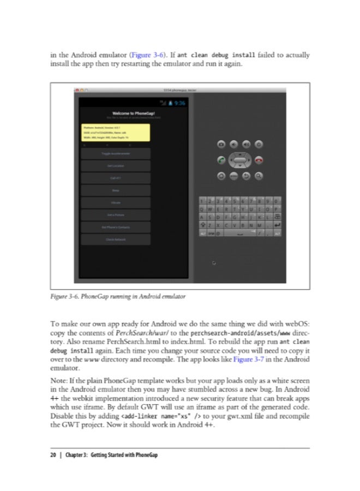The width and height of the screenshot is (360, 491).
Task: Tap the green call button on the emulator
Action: click(x=221, y=160)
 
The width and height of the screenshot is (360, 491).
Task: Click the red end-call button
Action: click(x=259, y=160)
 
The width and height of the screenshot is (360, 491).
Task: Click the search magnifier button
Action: click(x=259, y=176)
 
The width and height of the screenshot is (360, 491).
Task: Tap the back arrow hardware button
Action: click(x=247, y=176)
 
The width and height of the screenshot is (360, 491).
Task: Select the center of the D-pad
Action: click(x=240, y=160)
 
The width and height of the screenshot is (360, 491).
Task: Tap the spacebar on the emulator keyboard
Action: click(x=240, y=235)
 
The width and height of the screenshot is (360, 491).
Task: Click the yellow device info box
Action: click(x=115, y=133)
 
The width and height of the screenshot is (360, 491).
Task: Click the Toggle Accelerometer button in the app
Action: click(x=115, y=153)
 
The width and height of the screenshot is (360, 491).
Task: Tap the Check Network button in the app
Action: click(x=115, y=238)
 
